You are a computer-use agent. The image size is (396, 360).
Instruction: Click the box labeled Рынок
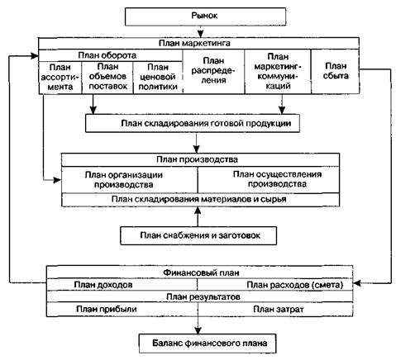coord(206,17)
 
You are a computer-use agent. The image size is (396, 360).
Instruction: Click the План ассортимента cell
coord(60,78)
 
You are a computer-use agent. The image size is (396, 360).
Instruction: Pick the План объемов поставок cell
coord(107,78)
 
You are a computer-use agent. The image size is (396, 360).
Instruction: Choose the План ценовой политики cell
coord(158,78)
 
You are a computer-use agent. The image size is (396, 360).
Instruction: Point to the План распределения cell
coord(213,72)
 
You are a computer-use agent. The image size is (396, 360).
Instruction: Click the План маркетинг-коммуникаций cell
coord(278,72)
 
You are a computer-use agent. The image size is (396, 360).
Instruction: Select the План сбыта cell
coord(336,72)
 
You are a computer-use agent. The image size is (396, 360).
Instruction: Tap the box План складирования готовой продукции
coord(193,123)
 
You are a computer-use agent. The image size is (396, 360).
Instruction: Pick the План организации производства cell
coord(130,180)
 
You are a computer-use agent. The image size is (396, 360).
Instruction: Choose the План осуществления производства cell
coord(269,180)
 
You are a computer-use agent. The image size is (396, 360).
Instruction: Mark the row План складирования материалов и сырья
coord(200,200)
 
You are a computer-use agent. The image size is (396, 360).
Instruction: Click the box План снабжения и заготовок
coord(198,235)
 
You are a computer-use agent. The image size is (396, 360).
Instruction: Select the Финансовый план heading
coord(201,272)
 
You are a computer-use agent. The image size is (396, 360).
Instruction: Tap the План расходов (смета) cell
coord(275,285)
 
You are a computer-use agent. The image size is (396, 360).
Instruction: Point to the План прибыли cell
coord(122,309)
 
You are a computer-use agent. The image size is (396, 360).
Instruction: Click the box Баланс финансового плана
coord(208,343)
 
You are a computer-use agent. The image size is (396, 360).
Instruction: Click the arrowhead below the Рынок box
coord(201,34)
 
